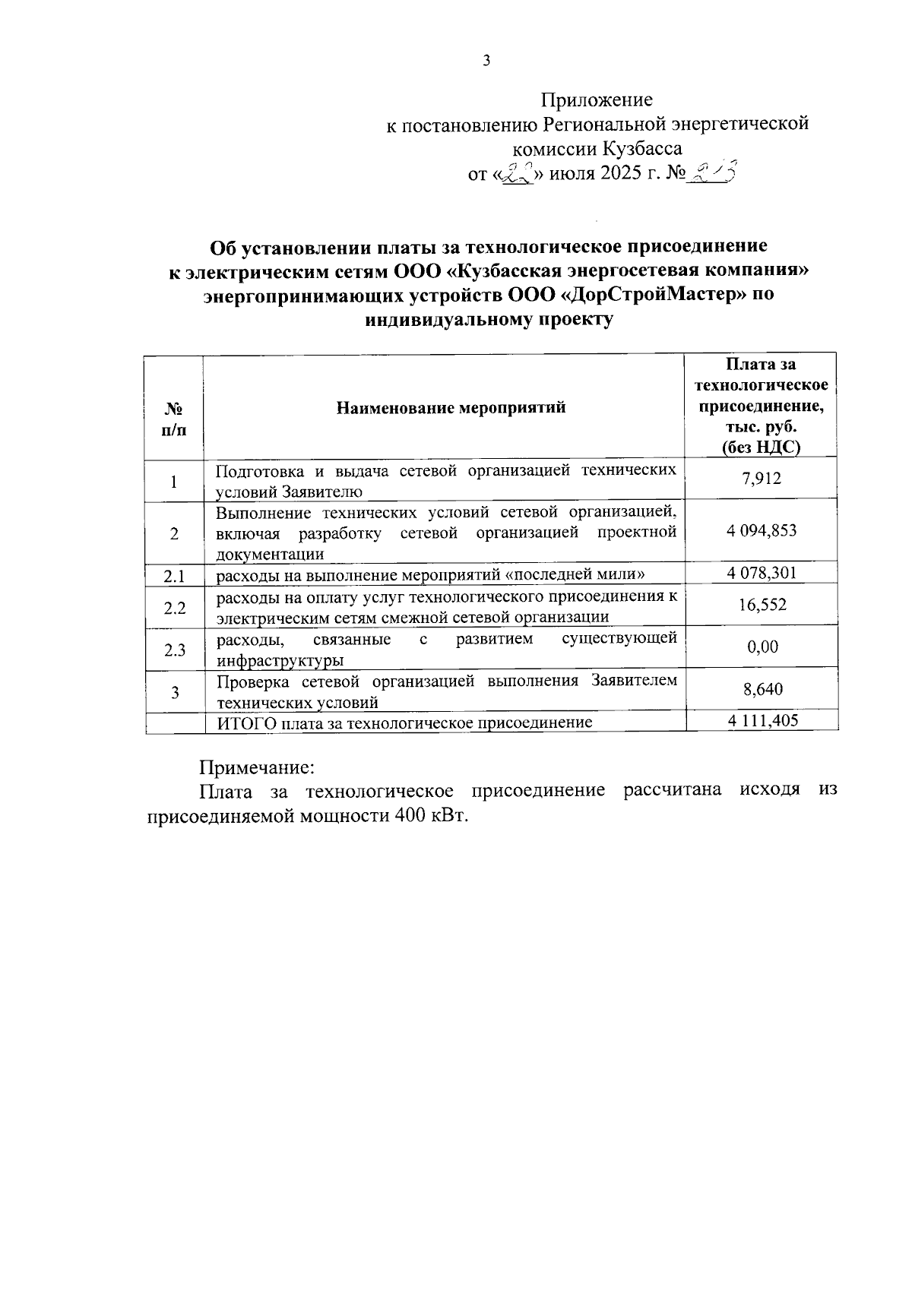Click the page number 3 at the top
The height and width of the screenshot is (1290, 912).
click(x=486, y=62)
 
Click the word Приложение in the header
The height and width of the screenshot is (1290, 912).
click(x=596, y=100)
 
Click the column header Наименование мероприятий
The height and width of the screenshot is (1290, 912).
click(x=451, y=408)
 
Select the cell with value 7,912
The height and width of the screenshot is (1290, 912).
click(x=762, y=479)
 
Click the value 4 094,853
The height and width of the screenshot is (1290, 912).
click(x=762, y=530)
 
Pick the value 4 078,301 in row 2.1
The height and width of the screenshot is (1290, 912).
click(x=762, y=572)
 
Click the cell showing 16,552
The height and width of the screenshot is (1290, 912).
click(x=762, y=605)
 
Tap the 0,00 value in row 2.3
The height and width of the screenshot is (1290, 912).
click(x=762, y=647)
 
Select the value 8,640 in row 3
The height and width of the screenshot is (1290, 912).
click(x=762, y=690)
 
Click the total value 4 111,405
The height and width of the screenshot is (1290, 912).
click(x=762, y=720)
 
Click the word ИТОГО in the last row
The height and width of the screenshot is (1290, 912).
click(x=247, y=722)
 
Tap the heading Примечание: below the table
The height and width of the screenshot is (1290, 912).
click(x=256, y=767)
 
